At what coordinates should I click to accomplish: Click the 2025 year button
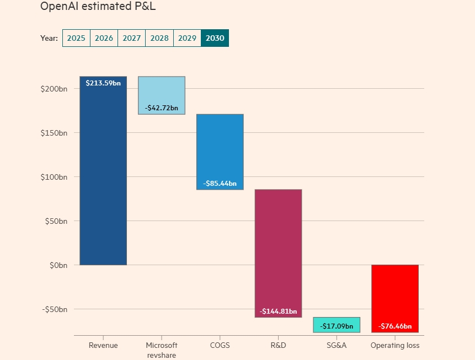(x=76, y=38)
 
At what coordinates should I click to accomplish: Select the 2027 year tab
(x=132, y=38)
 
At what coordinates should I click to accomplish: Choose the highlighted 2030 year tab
(x=215, y=38)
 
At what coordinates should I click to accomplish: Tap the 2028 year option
(x=159, y=38)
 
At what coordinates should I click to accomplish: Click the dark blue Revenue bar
(x=103, y=176)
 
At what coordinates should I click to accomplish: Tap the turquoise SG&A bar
(x=337, y=325)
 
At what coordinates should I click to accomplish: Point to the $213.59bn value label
(x=103, y=83)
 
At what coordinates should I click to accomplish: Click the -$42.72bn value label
(x=162, y=108)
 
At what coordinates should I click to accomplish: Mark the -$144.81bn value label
(x=278, y=311)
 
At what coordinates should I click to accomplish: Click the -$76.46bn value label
(x=395, y=326)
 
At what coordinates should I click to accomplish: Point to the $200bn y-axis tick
(x=54, y=89)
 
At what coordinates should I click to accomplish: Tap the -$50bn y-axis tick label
(x=55, y=309)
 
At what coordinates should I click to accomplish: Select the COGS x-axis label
(x=220, y=346)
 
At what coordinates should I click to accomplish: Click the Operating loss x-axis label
(x=395, y=346)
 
